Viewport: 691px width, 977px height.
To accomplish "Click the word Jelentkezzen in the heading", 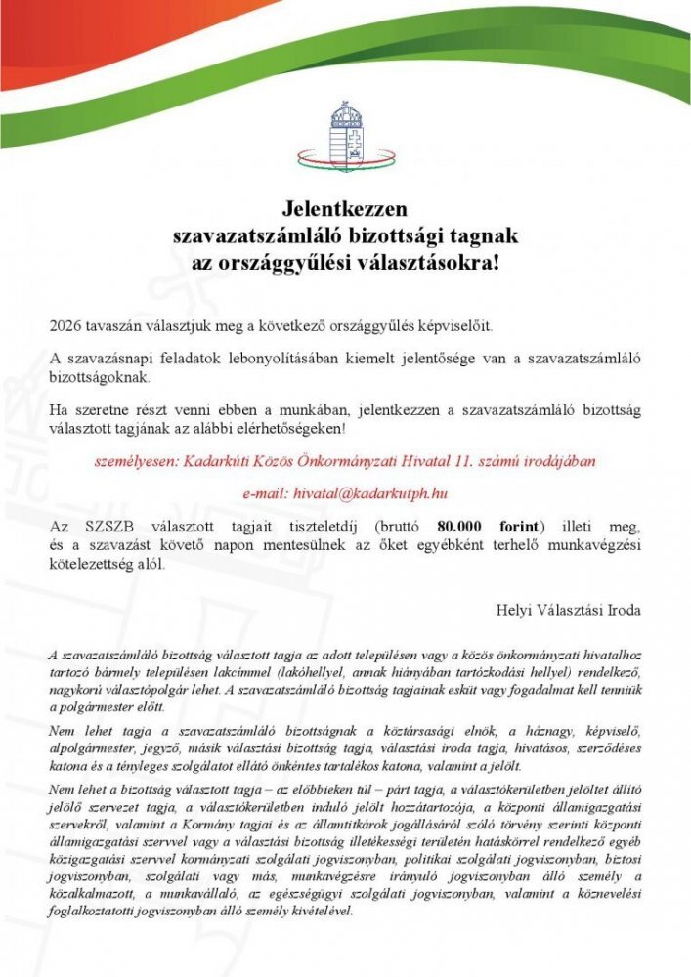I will pyautogui.click(x=344, y=209).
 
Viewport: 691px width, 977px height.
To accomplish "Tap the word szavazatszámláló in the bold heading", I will pyautogui.click(x=256, y=236).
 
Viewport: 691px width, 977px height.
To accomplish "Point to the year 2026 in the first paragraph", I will pyautogui.click(x=65, y=324).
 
